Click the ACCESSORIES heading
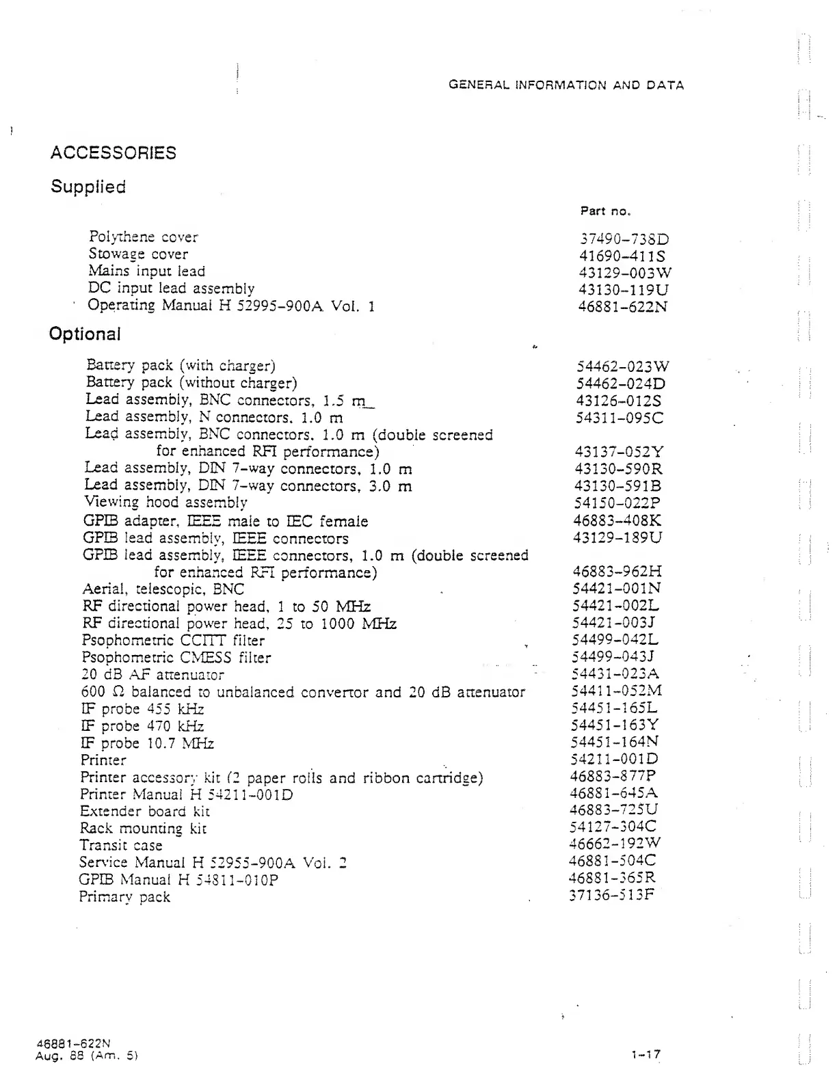pyautogui.click(x=113, y=152)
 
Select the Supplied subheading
pyautogui.click(x=88, y=187)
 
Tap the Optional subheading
pyautogui.click(x=85, y=334)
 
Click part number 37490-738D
pyautogui.click(x=624, y=239)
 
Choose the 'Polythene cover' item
pyautogui.click(x=143, y=237)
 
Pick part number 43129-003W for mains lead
pyautogui.click(x=625, y=273)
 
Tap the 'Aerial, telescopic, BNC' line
pyautogui.click(x=163, y=589)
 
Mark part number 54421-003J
pyautogui.click(x=614, y=622)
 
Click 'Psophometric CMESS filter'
pyautogui.click(x=176, y=658)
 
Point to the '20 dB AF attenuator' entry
pyautogui.click(x=152, y=675)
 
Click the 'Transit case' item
pyautogui.click(x=120, y=846)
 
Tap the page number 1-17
pyautogui.click(x=646, y=1054)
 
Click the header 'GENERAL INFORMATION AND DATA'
pyautogui.click(x=566, y=85)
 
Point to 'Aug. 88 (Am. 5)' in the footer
pyautogui.click(x=87, y=1056)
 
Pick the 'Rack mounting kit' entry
pyautogui.click(x=143, y=829)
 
